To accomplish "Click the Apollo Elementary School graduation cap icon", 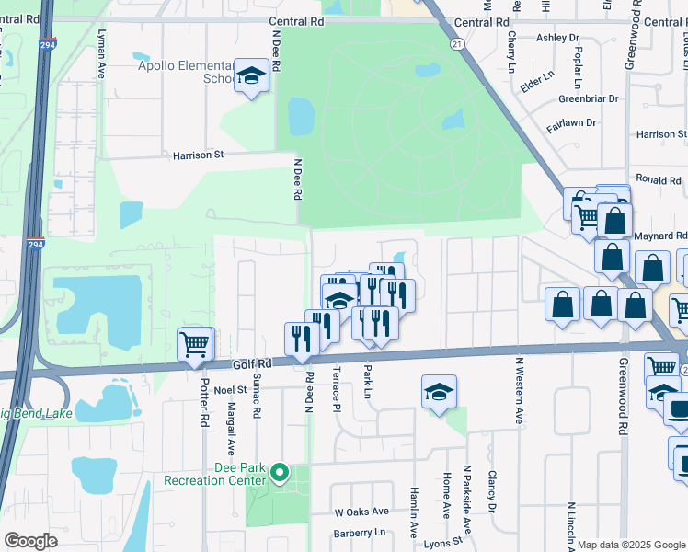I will pos(250,76).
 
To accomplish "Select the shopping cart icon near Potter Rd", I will pos(195,346).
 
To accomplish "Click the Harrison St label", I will pos(199,155).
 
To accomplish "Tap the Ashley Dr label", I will pos(557,38).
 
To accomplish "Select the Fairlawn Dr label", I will pos(572,122).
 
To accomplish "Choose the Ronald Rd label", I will pos(657,180).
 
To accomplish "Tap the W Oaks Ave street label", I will pos(361,512).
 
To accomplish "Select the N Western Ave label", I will pos(519,391).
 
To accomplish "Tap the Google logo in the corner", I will pos(31,541).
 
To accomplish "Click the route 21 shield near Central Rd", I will pos(456,43).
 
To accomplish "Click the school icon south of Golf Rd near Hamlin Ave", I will pos(439,392).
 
